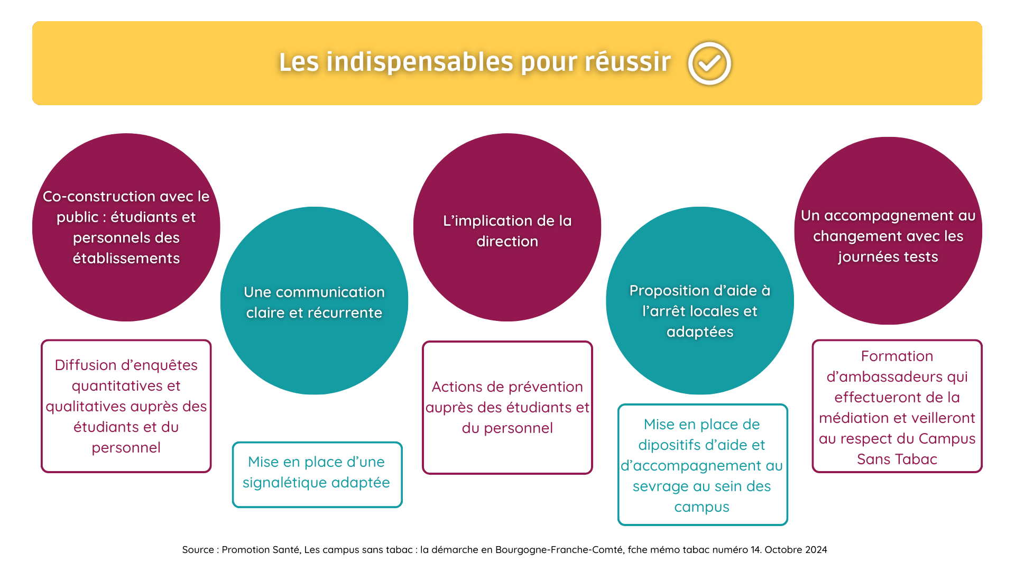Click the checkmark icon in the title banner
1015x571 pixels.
point(709,63)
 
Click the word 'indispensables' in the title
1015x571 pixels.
point(419,62)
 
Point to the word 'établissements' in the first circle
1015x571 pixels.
point(126,259)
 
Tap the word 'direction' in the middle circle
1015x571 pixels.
point(507,242)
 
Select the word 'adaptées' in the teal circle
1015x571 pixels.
point(700,332)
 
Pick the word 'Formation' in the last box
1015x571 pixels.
point(897,356)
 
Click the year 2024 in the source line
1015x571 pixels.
point(816,550)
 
